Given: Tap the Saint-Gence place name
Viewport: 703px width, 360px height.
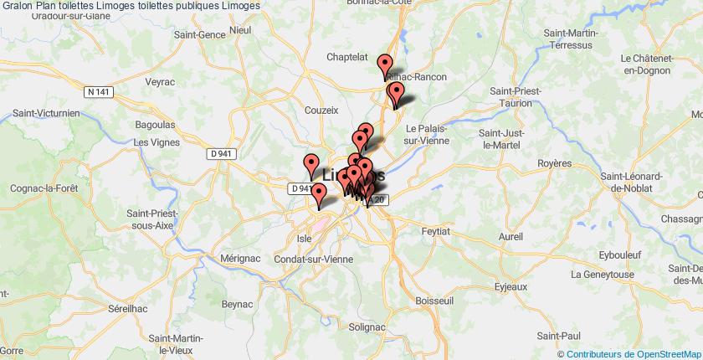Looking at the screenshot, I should [198, 35].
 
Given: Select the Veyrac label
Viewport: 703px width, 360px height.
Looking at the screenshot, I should [160, 84].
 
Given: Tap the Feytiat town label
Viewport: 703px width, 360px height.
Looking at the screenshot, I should [436, 229].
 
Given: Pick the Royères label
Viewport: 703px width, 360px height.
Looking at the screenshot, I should [553, 162].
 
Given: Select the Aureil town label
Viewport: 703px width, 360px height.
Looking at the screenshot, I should [511, 237].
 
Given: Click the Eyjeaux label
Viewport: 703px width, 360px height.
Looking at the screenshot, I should [511, 286].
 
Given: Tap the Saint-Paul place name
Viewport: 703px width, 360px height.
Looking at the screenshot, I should [557, 335].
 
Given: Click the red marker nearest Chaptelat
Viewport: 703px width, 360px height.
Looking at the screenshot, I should [385, 65].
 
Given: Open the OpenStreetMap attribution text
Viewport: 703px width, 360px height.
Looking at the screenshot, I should [633, 353].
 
